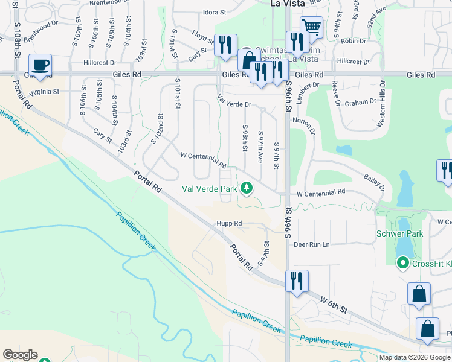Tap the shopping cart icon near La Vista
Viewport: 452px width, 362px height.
point(311,27)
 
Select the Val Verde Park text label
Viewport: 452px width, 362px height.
point(210,189)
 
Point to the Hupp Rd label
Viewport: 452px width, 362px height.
point(230,223)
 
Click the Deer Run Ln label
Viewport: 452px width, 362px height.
point(311,244)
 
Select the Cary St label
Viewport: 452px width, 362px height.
point(102,136)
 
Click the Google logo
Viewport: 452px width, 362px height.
point(21,355)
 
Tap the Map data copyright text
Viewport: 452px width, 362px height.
point(415,357)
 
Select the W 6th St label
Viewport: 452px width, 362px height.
point(334,304)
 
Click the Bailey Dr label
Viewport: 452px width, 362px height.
point(375,182)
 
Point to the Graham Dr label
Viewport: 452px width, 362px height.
point(360,103)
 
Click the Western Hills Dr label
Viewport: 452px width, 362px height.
point(381,106)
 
